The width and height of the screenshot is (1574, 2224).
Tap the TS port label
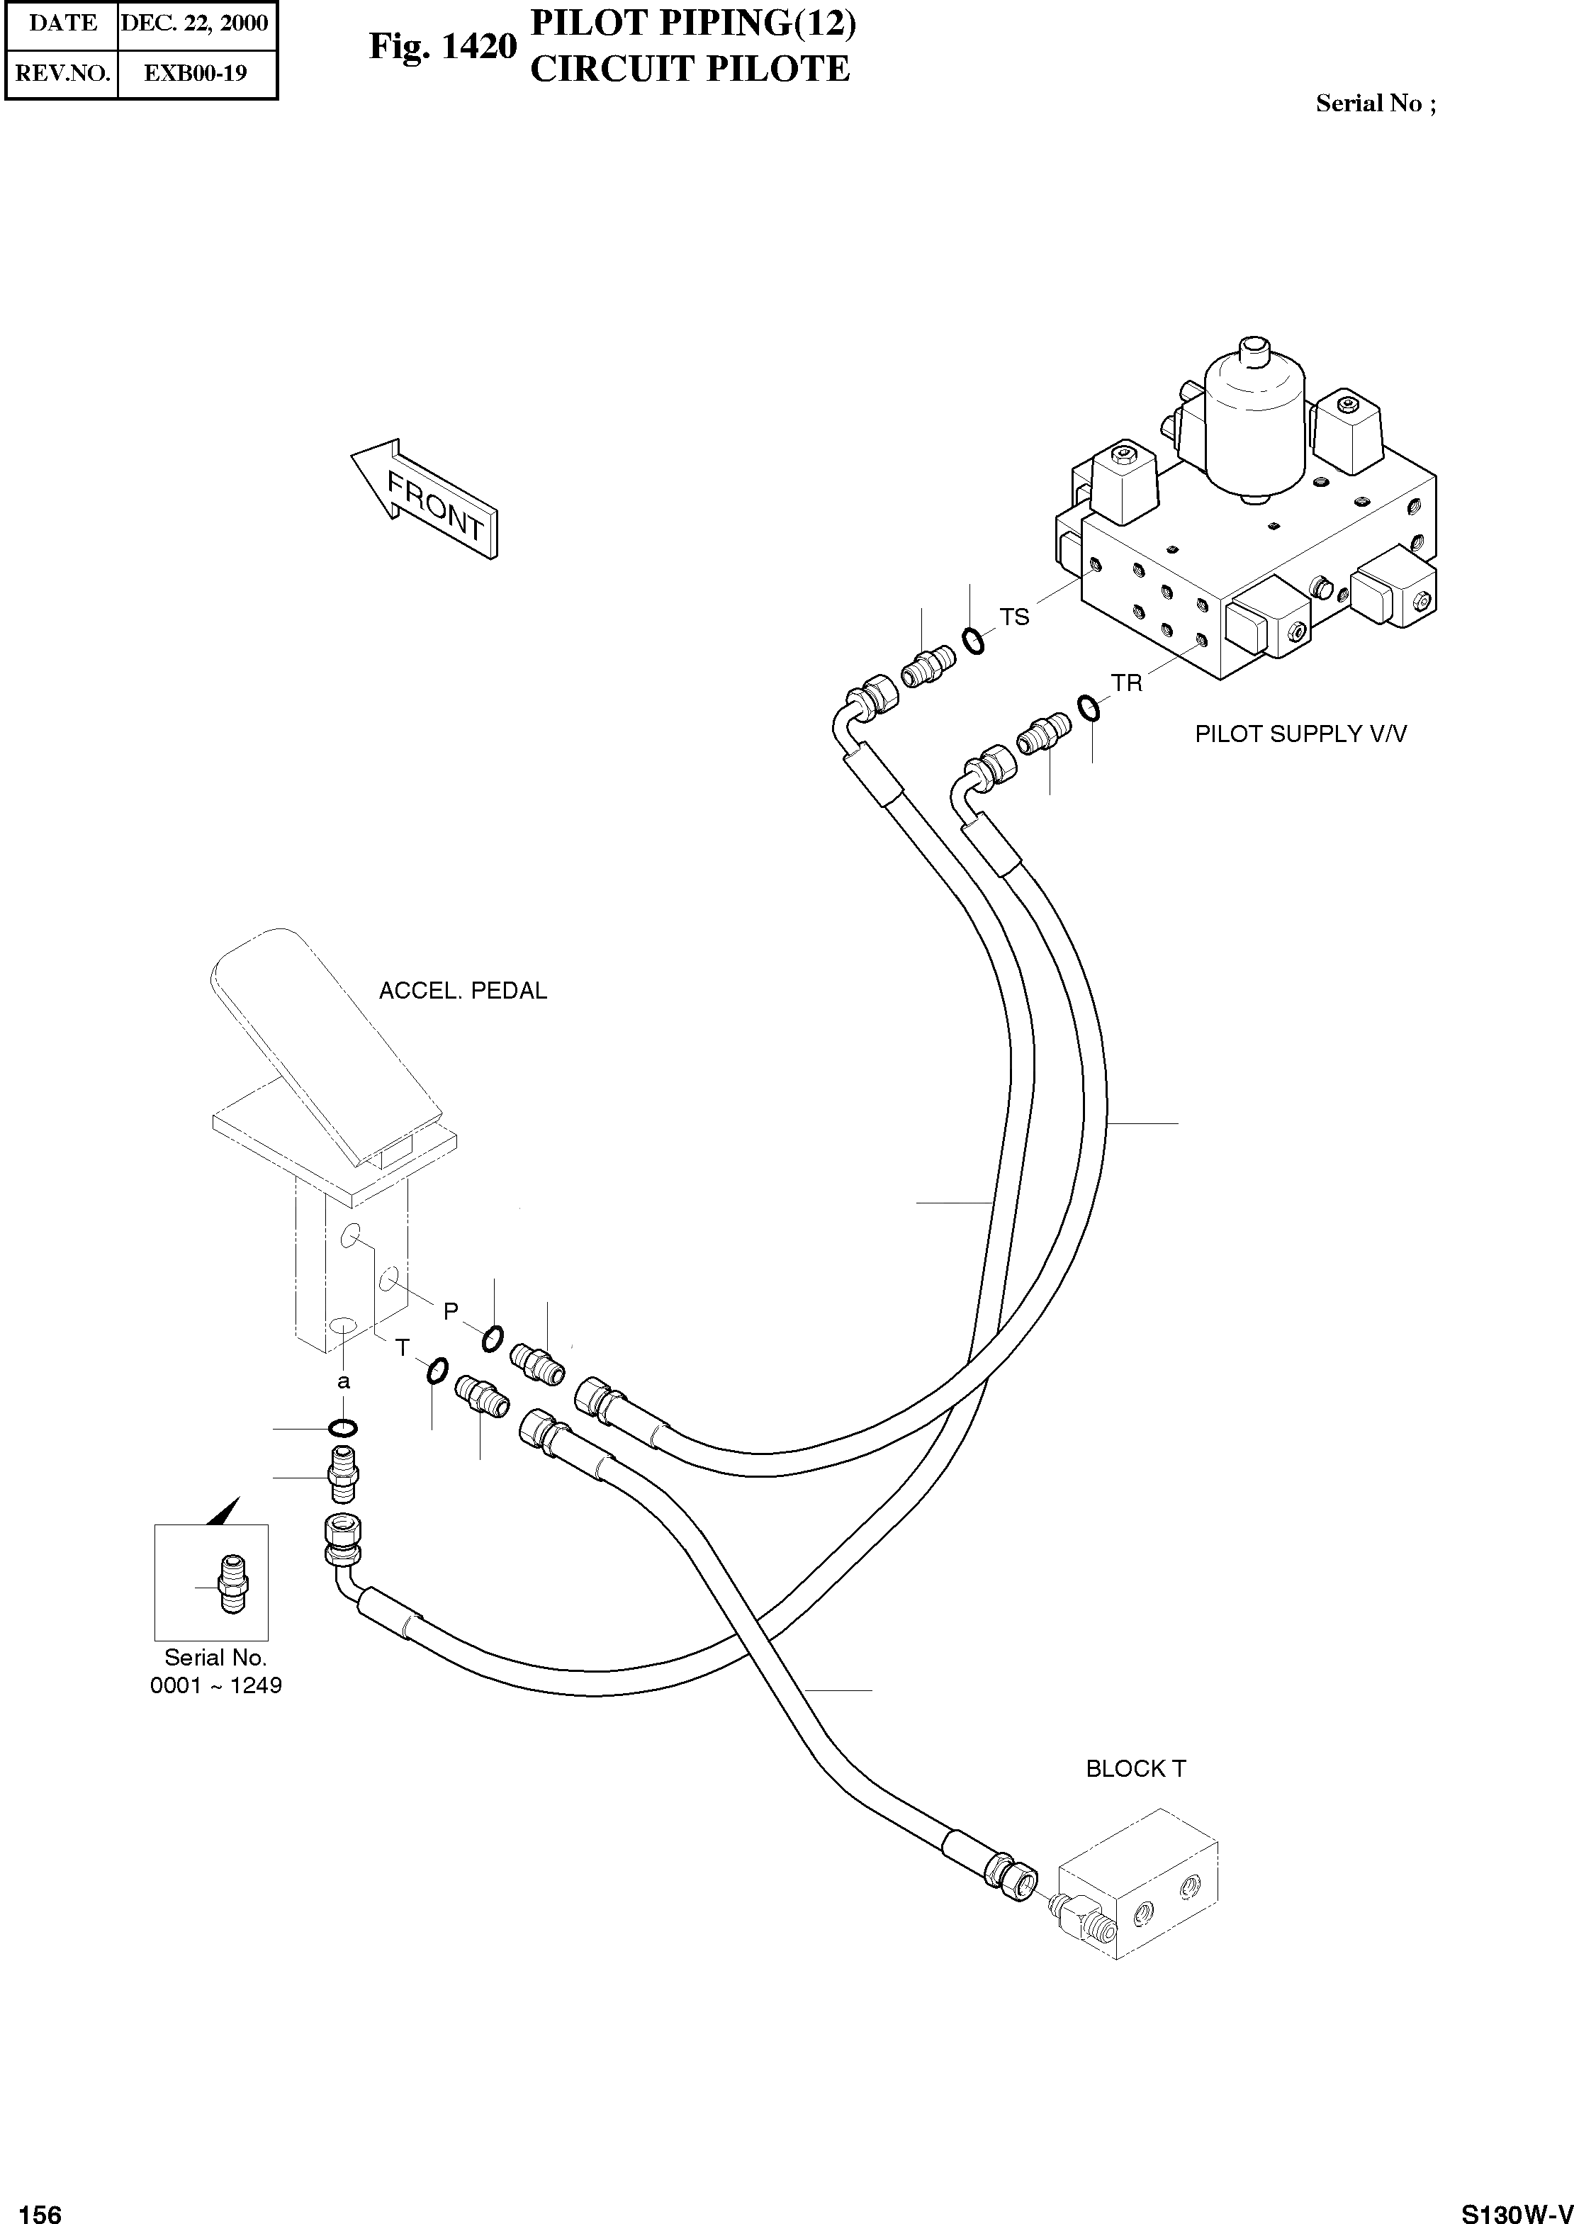pos(1014,617)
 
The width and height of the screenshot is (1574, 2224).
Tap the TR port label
pos(1128,683)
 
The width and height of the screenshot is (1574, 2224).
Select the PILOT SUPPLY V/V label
pos(1300,734)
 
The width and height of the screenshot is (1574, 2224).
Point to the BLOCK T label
pos(1135,1768)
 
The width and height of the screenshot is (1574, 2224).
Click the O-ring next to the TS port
pos(973,641)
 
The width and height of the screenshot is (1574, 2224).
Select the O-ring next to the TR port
pos(1089,709)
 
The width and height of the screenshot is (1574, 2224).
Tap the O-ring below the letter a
pos(343,1427)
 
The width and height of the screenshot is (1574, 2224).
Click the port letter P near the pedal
pos(451,1311)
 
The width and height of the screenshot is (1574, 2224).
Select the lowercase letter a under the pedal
pos(343,1382)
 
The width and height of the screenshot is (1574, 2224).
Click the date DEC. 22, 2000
pos(195,23)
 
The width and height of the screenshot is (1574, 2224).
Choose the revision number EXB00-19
pos(195,73)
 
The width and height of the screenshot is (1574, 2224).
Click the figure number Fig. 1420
pos(443,47)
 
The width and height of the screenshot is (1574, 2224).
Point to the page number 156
pos(40,2206)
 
